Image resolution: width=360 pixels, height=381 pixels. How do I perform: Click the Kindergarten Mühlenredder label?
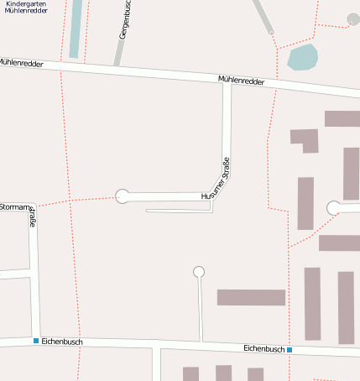coord(26,8)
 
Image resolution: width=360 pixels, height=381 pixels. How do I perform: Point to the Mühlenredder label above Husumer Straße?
coord(241,81)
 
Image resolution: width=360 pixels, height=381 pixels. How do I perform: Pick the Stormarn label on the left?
coord(14,206)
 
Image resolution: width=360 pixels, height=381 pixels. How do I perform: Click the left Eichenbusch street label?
coord(61,341)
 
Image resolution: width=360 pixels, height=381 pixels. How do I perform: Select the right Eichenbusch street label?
coord(263,347)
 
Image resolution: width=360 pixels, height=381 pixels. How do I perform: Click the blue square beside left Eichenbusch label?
coord(36,341)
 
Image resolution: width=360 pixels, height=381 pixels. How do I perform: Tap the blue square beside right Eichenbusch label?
coord(290,349)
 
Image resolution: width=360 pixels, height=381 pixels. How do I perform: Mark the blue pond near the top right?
coord(302,58)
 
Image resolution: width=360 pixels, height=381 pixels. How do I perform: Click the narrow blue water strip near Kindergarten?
coord(76,29)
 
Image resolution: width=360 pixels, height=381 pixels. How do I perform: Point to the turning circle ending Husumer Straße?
coord(123,196)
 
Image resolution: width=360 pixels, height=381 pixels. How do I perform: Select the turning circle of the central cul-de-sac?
coord(199,271)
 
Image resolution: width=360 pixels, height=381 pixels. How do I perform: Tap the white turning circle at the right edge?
coord(334,208)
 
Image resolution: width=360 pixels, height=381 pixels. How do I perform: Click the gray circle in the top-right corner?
coord(353,18)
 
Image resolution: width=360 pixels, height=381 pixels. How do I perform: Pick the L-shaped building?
coord(305,139)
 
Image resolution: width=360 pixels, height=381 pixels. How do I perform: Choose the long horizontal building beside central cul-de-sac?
coord(251,297)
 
